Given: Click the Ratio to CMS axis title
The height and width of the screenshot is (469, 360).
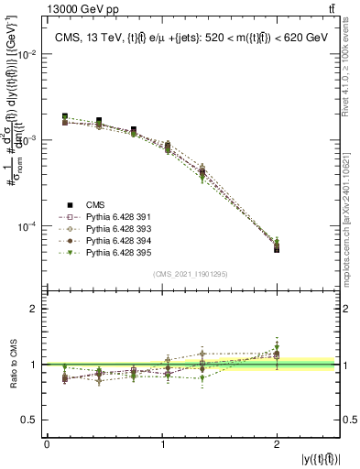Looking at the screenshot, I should click(13, 367).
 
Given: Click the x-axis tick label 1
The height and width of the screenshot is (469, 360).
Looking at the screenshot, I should click(163, 445).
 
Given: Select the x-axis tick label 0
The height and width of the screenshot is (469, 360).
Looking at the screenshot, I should click(47, 445).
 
